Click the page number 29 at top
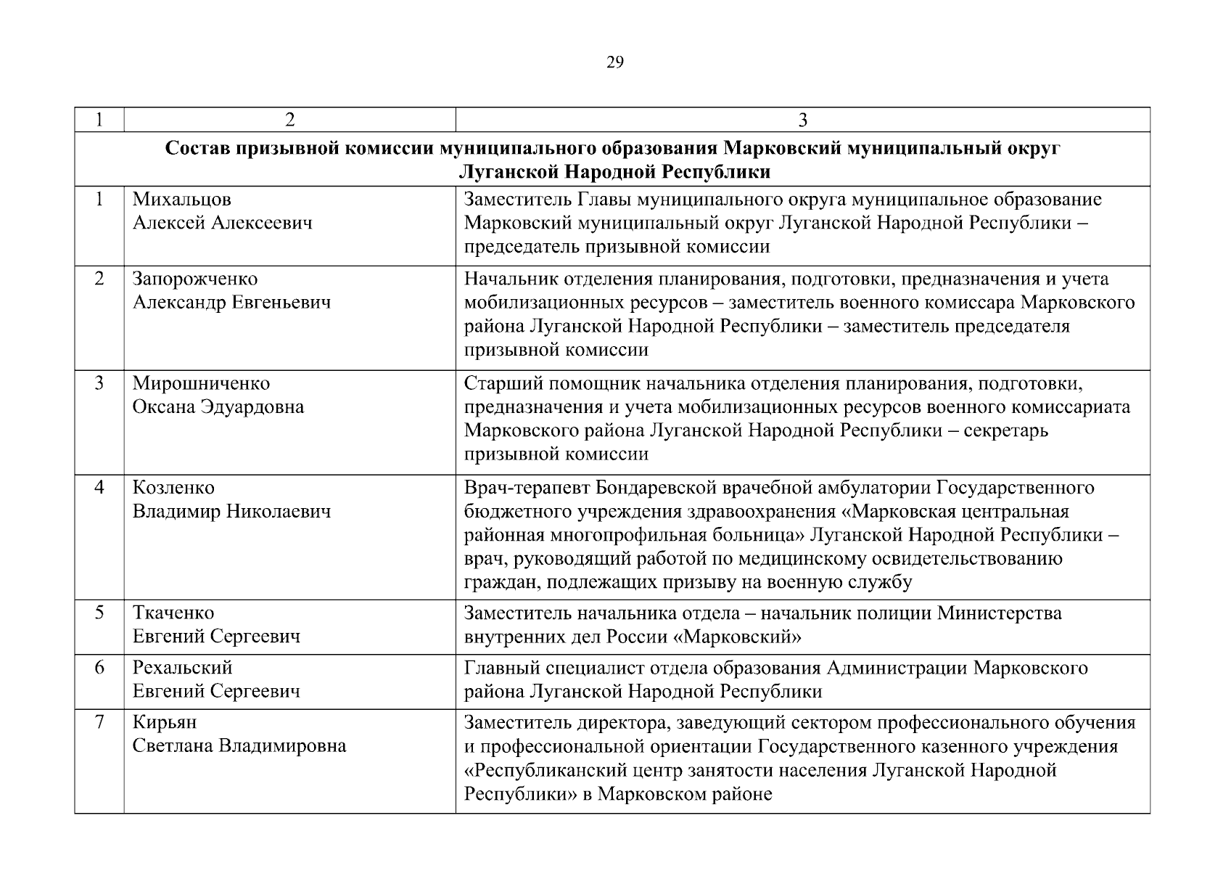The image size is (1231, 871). (614, 62)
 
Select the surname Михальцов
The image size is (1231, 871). (181, 199)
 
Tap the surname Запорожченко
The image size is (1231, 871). (194, 279)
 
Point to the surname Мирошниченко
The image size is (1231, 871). (201, 383)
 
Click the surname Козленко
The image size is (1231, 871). (173, 488)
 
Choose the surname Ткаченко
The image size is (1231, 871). (173, 613)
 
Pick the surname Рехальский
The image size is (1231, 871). (182, 667)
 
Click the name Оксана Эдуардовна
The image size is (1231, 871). (218, 407)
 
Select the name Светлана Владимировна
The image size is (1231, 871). (239, 746)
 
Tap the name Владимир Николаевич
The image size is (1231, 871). (231, 512)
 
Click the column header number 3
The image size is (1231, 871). (802, 120)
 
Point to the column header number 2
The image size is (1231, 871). (289, 120)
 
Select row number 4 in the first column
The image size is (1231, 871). (99, 488)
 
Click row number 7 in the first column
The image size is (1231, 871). (99, 722)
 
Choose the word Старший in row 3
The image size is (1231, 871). (498, 383)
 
